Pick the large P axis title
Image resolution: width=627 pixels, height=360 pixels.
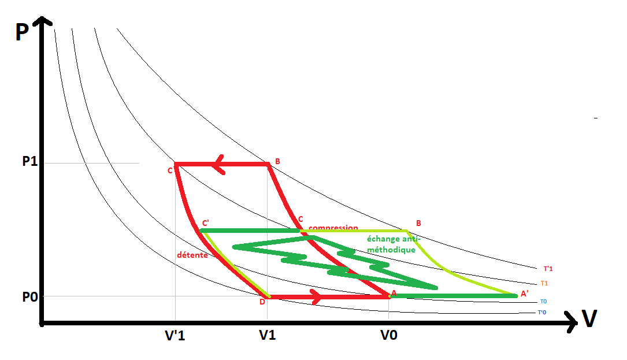[22, 32]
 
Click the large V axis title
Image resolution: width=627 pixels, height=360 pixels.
[589, 319]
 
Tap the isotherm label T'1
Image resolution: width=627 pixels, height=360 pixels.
[548, 269]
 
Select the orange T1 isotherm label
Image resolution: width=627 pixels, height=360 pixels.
[544, 283]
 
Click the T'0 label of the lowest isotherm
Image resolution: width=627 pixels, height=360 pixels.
[541, 313]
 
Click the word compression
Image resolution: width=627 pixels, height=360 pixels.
[333, 228]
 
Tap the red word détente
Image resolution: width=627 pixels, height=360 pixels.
[192, 255]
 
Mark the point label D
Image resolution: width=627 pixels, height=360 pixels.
[262, 302]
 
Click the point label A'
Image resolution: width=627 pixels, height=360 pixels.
[524, 294]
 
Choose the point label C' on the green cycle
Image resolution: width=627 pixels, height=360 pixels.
[205, 222]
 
